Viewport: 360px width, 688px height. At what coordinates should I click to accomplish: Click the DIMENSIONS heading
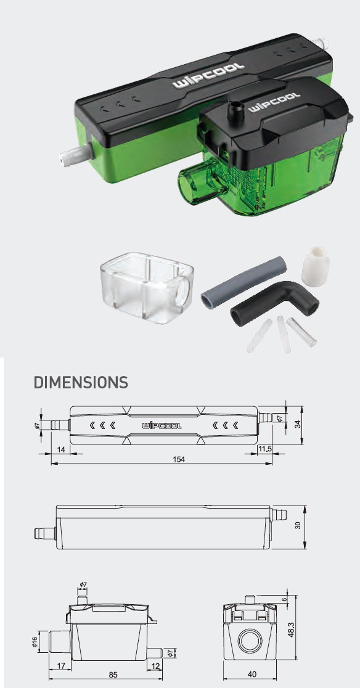click(x=81, y=382)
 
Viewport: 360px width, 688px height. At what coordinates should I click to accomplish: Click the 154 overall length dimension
click(x=179, y=459)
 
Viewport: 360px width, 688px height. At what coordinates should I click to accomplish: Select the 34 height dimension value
click(x=298, y=425)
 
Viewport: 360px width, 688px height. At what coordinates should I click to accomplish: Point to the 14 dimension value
click(x=61, y=449)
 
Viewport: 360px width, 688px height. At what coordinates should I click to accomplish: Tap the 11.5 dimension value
click(x=265, y=449)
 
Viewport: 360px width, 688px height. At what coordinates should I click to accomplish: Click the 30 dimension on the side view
click(x=298, y=525)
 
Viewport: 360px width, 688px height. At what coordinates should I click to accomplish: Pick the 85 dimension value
click(x=113, y=675)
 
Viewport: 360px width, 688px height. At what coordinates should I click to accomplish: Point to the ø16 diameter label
click(x=35, y=642)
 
